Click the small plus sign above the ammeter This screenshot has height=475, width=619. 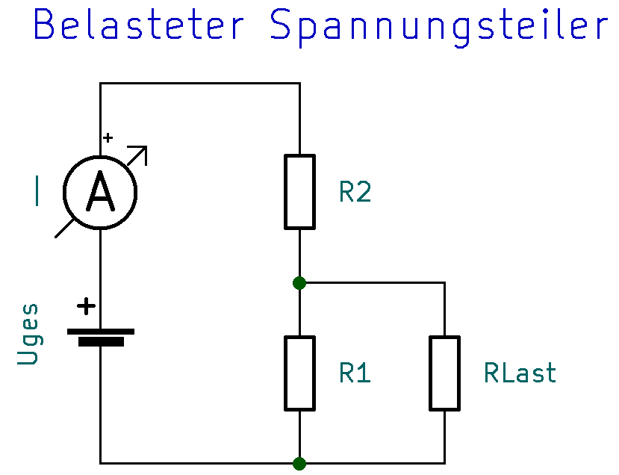[108, 137]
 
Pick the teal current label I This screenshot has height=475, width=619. [36, 190]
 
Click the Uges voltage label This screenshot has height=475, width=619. [28, 334]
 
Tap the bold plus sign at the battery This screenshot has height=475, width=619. [87, 305]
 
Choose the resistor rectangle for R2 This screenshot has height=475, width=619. [299, 191]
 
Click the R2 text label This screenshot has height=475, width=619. [355, 192]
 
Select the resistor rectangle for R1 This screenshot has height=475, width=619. [299, 373]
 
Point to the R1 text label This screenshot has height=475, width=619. [355, 373]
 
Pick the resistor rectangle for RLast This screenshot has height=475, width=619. [444, 373]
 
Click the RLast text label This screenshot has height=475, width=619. [520, 373]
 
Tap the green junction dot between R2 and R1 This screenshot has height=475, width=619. [299, 282]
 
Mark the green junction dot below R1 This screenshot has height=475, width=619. [299, 463]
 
